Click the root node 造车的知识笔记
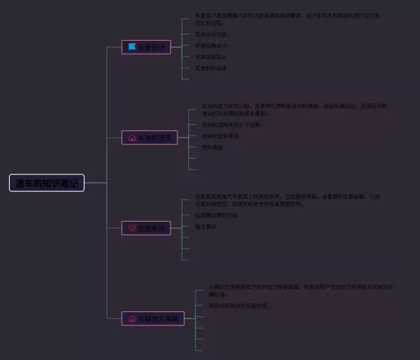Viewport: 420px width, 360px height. coord(47,183)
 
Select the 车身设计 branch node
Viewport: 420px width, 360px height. coord(146,47)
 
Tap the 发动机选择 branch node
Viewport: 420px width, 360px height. coord(150,138)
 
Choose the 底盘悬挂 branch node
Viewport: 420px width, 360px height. coord(146,228)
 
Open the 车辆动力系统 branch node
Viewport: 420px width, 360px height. coord(153,319)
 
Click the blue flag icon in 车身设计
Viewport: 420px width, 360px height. coord(132,47)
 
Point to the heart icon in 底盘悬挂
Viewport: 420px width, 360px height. coord(132,228)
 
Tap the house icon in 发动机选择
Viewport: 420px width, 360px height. coord(132,138)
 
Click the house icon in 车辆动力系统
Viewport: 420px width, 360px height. coord(132,319)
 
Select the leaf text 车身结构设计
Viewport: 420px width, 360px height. coord(211,46)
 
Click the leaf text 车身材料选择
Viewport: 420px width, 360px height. coord(211,68)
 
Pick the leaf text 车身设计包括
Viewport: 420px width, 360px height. coord(211,34)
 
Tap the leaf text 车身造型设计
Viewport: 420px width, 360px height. coord(211,57)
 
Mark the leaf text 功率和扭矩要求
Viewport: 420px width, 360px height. coord(220,136)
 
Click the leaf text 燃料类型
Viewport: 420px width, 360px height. coord(212,148)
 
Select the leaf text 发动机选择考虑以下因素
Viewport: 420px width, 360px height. coord(230,125)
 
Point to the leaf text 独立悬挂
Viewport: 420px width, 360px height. coord(205,226)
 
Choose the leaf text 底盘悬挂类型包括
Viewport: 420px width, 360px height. coord(216,215)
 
